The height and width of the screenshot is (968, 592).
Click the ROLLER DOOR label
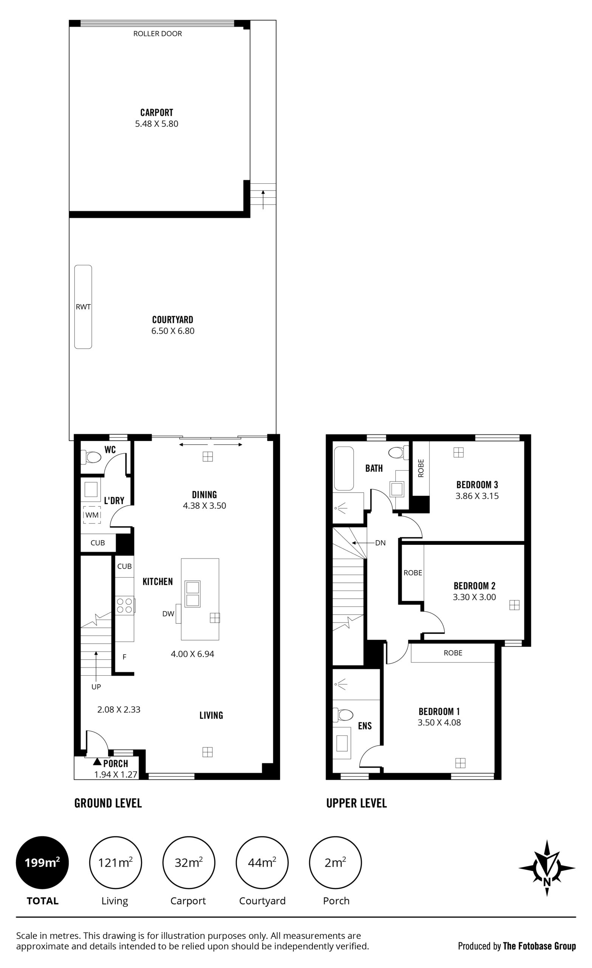tap(158, 34)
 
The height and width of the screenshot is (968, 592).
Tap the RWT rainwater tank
tap(83, 307)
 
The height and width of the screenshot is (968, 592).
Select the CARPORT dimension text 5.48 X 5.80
tap(157, 124)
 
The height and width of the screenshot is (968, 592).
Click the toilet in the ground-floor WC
tap(91, 457)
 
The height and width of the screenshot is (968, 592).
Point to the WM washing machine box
tap(92, 515)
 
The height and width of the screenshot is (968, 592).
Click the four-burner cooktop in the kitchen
tap(125, 605)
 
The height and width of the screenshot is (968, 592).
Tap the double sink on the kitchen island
tap(192, 594)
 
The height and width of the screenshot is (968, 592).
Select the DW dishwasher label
tap(168, 614)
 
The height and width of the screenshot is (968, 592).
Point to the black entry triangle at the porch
tap(98, 762)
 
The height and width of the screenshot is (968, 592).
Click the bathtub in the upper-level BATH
tap(344, 468)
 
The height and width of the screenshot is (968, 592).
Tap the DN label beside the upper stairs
tap(380, 543)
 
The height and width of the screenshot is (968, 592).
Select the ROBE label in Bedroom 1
tap(453, 653)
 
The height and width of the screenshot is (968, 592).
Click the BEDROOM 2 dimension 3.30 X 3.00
tap(474, 597)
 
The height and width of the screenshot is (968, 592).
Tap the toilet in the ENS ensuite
tap(343, 715)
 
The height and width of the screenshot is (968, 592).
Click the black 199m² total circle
tap(42, 863)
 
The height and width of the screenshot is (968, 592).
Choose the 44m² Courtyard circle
tap(262, 863)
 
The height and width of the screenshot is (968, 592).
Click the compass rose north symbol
tap(547, 868)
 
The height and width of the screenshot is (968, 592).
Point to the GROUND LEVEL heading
tap(108, 804)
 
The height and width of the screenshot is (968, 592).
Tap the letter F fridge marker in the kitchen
tap(124, 657)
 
